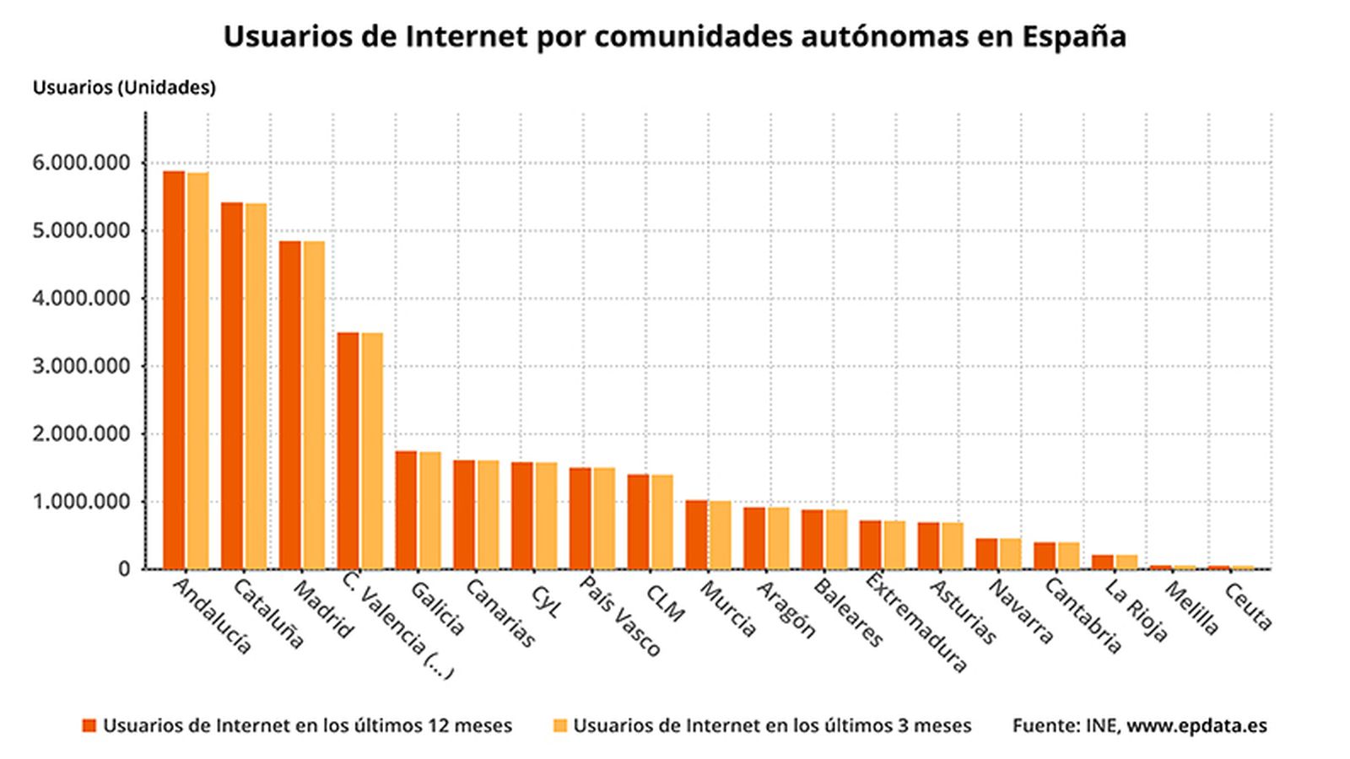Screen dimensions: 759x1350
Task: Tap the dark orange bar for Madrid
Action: tap(289, 405)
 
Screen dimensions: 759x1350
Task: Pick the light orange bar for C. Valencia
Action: tap(372, 450)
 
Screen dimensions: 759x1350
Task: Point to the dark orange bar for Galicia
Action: tap(406, 509)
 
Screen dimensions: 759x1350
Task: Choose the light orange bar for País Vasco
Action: tap(604, 518)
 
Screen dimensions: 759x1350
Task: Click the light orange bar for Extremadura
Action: tap(894, 545)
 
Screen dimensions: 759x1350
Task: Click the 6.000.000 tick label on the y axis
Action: tap(81, 163)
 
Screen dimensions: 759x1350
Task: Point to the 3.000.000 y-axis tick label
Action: tap(81, 366)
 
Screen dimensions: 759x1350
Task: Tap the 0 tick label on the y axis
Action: tap(125, 569)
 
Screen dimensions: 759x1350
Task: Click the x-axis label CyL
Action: tap(544, 601)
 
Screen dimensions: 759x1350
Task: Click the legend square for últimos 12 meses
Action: tap(89, 726)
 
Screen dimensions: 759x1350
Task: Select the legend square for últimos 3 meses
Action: tap(559, 726)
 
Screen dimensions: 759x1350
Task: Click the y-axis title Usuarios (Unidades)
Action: tap(124, 88)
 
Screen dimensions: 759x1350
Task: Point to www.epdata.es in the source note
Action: tap(1196, 726)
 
